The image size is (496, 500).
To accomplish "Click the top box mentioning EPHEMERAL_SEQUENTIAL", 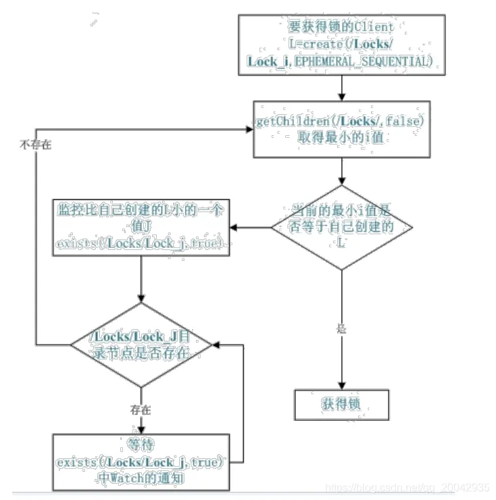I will point(342,44).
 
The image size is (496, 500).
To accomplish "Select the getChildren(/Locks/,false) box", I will point(341,129).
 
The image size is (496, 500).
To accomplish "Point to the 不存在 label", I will point(35,145).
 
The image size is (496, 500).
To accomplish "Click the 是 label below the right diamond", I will point(341,329).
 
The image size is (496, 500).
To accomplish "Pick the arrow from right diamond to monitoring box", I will point(250,228).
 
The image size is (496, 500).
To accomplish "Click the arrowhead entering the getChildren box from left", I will point(248,129).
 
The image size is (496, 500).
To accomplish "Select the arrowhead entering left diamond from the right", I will point(216,345).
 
